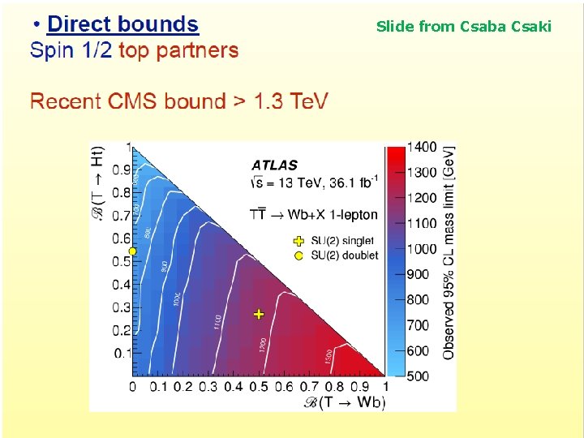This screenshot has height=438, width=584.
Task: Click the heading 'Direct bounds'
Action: (x=122, y=24)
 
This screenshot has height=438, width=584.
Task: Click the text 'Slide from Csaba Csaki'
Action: (x=463, y=27)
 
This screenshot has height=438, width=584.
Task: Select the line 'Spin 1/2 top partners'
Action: (x=134, y=51)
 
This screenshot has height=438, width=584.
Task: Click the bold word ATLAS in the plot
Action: (x=274, y=165)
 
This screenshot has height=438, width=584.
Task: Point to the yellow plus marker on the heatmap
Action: (x=259, y=313)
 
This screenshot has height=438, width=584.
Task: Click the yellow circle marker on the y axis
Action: (x=131, y=251)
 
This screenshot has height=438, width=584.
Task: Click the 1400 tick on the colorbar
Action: (x=422, y=147)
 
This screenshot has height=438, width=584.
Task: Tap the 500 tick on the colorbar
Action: (x=419, y=376)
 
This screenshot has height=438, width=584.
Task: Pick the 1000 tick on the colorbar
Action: (x=422, y=248)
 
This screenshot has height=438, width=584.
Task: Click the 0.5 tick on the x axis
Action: (x=259, y=388)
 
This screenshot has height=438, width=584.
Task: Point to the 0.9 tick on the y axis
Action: (x=121, y=170)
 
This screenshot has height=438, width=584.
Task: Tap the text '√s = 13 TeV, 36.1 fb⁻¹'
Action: (x=314, y=182)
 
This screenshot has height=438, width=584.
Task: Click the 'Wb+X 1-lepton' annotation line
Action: (x=314, y=214)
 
